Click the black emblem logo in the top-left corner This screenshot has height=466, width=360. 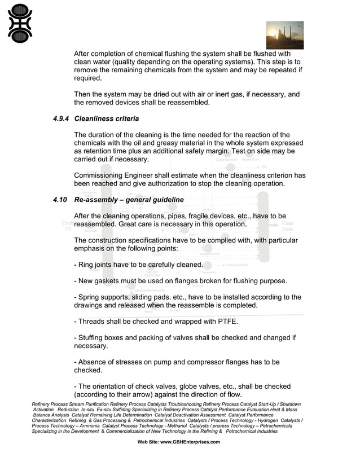[x=20, y=23]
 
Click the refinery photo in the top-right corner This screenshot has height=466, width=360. [x=284, y=36]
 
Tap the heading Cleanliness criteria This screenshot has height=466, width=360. [x=107, y=119]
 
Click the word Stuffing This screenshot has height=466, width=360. [x=93, y=338]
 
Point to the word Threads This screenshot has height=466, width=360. [x=95, y=322]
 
